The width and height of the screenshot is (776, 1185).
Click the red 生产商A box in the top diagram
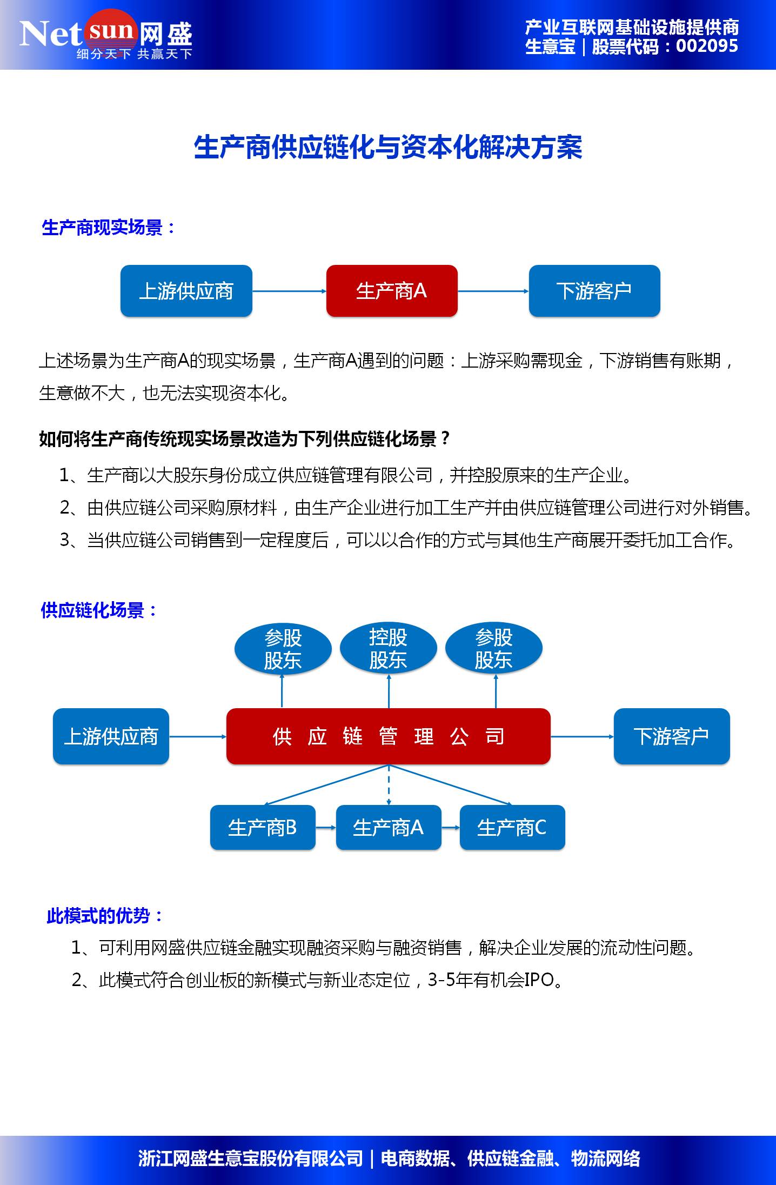pos(392,291)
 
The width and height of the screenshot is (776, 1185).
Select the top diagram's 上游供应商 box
pos(186,291)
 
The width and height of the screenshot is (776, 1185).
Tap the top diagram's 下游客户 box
pos(594,291)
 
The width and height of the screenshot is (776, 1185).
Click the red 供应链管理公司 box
pos(388,736)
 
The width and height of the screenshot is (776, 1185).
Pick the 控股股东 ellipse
pos(388,648)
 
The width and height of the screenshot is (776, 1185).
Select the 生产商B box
pos(263,828)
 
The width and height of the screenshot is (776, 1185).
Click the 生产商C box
pos(512,828)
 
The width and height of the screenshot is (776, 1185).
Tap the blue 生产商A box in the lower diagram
pos(388,828)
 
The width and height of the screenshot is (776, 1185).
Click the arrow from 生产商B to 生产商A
pos(325,828)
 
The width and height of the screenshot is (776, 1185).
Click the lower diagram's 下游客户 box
pos(671,736)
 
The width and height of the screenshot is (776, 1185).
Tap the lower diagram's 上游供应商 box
pos(111,736)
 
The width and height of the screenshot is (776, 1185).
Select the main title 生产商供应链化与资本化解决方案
pos(388,148)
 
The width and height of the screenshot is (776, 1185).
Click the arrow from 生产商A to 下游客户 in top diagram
pos(493,291)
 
